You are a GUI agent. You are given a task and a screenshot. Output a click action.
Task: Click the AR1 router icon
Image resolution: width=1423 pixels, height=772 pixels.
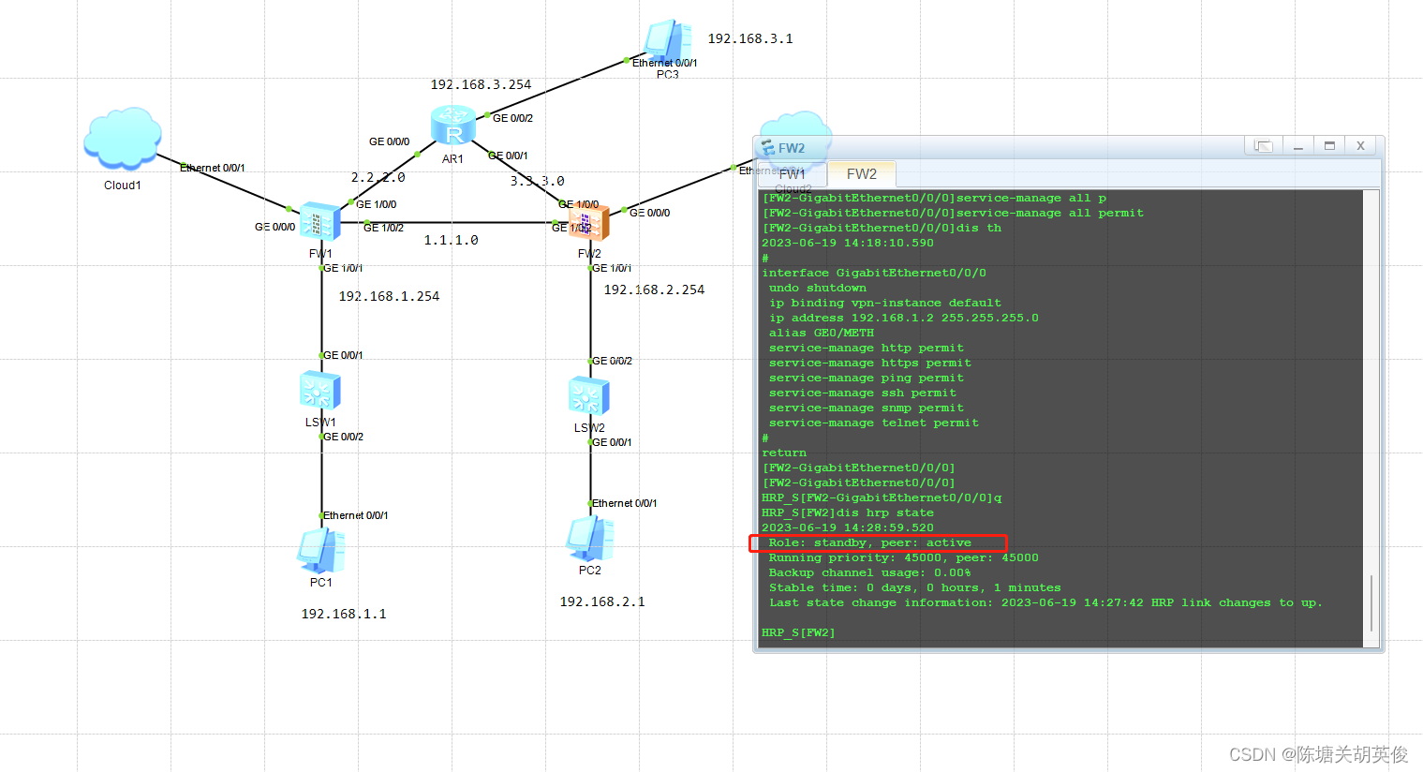(453, 126)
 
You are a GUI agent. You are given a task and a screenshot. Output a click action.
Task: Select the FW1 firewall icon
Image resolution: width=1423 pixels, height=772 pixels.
(319, 222)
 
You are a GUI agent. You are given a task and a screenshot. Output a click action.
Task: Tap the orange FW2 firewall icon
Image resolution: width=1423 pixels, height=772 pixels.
(589, 222)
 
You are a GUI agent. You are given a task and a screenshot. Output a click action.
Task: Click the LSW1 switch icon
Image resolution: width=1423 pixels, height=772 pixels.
(319, 391)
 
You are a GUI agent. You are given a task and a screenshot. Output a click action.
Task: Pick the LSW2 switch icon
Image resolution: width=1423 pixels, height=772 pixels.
(589, 395)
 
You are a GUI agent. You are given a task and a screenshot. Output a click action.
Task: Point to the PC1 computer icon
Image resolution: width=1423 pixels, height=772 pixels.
(320, 551)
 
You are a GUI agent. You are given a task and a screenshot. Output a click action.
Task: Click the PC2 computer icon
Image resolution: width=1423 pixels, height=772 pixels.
(589, 539)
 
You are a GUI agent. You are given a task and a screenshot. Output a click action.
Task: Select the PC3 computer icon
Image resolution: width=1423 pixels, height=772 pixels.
(668, 42)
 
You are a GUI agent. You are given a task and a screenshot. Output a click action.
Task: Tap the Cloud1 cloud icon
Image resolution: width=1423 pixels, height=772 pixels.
(123, 138)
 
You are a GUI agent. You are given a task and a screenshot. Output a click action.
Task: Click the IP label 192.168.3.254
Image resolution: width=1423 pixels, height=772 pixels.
(481, 84)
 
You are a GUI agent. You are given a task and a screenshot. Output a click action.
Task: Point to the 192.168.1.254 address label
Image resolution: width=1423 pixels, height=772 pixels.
(389, 296)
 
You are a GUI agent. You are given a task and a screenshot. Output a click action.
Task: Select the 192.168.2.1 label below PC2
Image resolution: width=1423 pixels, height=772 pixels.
(602, 601)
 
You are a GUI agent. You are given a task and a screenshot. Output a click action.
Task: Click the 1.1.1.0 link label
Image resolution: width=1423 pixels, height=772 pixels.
(451, 240)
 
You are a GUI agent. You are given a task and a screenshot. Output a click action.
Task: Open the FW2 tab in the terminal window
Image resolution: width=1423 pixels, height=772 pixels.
(861, 173)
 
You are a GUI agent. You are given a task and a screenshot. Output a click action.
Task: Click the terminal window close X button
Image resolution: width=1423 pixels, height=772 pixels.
(1360, 145)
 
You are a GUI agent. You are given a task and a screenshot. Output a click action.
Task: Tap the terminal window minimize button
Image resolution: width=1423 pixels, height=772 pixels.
(1298, 145)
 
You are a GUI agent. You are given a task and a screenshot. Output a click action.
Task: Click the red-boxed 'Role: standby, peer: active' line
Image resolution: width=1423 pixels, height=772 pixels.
(869, 542)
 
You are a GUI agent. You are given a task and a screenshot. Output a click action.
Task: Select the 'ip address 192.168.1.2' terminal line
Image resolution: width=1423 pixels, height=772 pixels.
(903, 318)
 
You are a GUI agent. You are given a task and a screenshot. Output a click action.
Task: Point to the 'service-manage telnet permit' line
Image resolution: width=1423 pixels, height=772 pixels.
(873, 423)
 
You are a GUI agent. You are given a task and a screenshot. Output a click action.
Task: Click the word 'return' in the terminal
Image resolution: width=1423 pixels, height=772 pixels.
(784, 453)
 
